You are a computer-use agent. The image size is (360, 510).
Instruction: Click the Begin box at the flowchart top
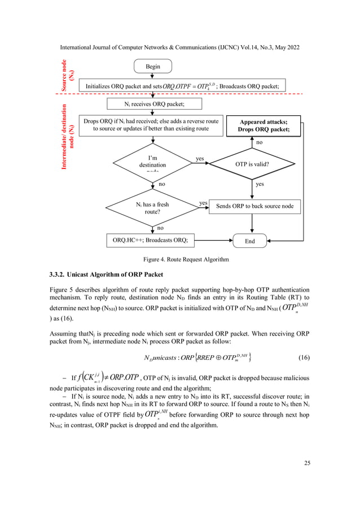point(153,66)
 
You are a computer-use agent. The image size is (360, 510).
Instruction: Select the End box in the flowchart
point(249,241)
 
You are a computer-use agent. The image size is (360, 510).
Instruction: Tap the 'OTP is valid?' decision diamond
point(252,164)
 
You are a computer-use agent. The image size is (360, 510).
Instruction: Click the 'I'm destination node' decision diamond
point(152,163)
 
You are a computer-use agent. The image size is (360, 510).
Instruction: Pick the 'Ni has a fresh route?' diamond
point(152,208)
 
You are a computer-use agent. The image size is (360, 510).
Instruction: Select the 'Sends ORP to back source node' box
point(254,206)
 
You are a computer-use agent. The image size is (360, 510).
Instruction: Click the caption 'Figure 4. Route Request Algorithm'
point(179,259)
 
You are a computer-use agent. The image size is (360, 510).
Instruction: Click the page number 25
point(307,464)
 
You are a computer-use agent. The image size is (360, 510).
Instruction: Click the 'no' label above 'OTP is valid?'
point(260,143)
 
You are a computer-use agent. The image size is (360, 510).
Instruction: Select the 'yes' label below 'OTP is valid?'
point(260,184)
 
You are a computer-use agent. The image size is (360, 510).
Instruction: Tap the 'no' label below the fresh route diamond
point(160,228)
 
